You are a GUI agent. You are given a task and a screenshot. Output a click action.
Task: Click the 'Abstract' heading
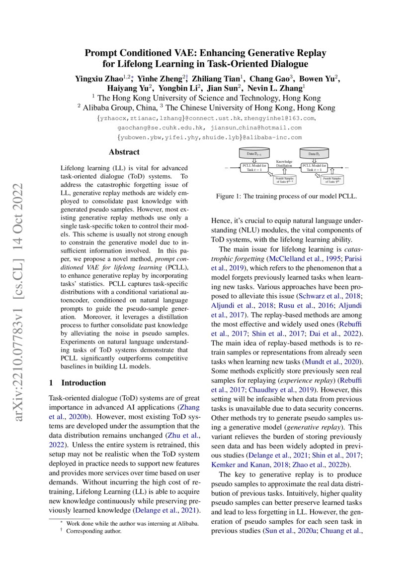click(x=124, y=152)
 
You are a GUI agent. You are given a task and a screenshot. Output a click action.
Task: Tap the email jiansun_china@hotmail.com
click(x=254, y=127)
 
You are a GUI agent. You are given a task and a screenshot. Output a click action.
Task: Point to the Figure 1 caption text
click(x=286, y=197)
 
